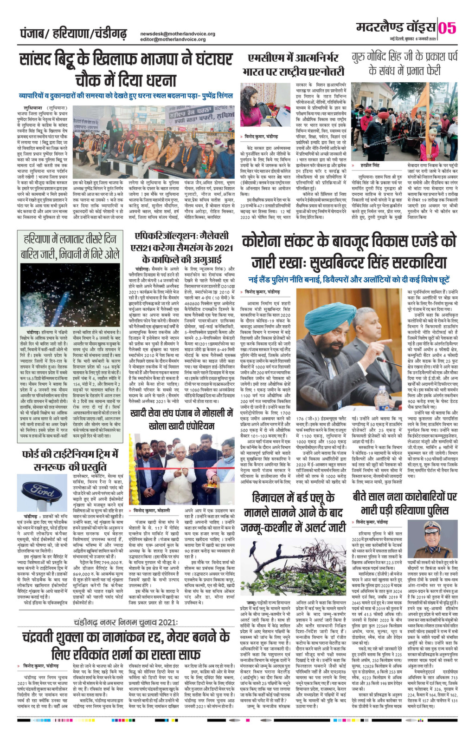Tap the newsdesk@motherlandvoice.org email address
click(x=178, y=34)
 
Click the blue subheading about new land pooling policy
click(x=349, y=280)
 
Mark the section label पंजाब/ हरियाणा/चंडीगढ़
click(x=73, y=34)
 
